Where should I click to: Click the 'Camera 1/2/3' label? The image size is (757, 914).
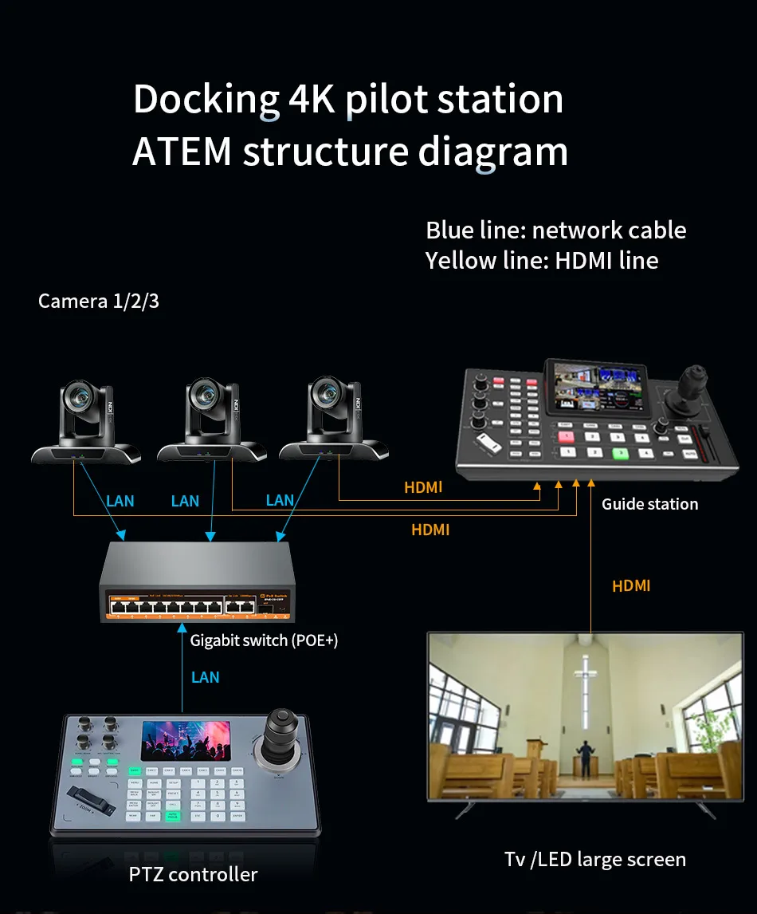click(99, 301)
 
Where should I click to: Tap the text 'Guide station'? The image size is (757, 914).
click(649, 504)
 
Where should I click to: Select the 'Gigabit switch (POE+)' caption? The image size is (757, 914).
click(264, 640)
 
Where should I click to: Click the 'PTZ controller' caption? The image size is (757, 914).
click(193, 874)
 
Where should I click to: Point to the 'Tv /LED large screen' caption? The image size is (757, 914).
click(594, 859)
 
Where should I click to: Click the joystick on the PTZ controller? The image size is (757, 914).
click(280, 731)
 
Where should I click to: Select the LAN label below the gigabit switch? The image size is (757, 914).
click(205, 677)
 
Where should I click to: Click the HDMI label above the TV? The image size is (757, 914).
click(631, 586)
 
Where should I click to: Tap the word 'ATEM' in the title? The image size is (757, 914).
click(182, 152)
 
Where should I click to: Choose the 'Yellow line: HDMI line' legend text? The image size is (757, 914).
click(542, 260)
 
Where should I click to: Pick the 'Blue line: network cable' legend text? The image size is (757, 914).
click(555, 230)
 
